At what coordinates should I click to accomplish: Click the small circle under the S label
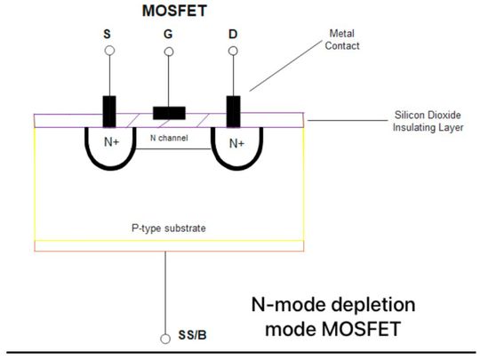click(x=109, y=52)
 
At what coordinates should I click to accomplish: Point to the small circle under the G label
click(x=168, y=52)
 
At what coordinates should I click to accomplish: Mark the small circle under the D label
click(x=234, y=52)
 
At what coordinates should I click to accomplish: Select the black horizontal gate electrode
click(x=169, y=112)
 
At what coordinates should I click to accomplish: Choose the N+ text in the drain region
click(x=236, y=142)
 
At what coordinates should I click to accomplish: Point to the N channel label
click(x=169, y=138)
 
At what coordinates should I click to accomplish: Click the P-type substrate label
click(x=169, y=228)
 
